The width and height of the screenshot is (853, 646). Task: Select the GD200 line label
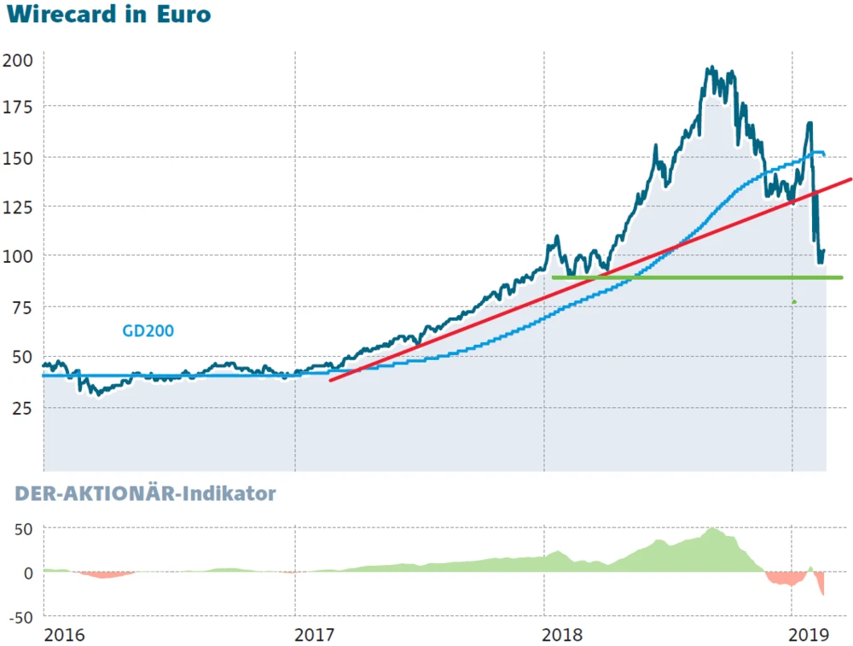coord(148,330)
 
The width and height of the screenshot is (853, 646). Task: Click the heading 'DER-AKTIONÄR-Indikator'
coord(145,494)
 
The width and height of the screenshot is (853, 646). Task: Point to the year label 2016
coord(66,635)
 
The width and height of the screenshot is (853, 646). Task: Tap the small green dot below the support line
coord(794,301)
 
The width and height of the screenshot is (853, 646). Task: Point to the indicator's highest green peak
coord(713,530)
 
